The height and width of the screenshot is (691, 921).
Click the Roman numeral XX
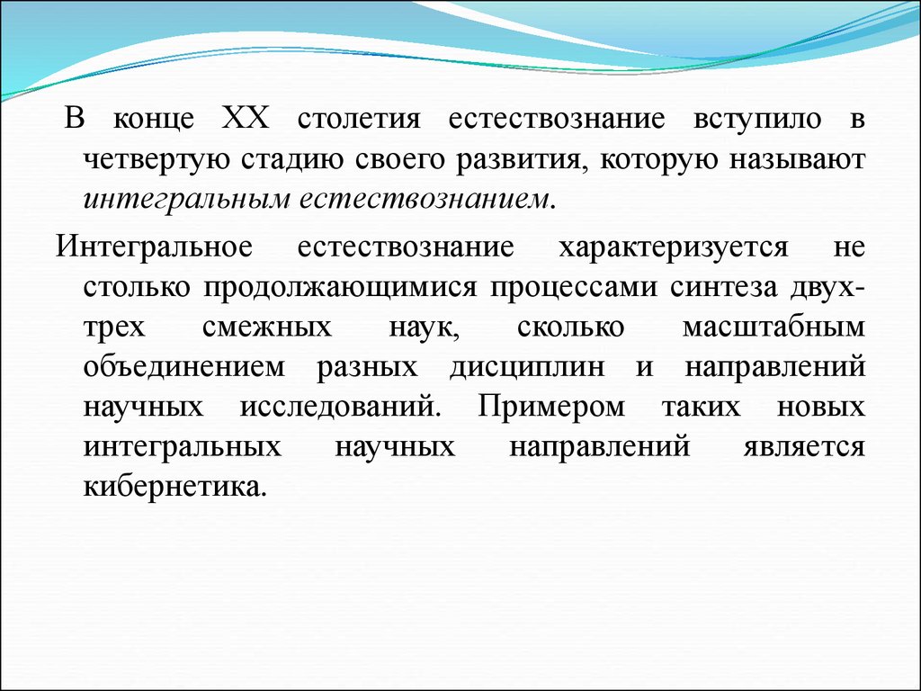click(x=246, y=118)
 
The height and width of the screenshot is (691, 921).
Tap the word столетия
click(x=359, y=119)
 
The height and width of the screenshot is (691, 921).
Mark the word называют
click(x=798, y=160)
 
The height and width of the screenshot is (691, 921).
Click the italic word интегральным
click(x=187, y=200)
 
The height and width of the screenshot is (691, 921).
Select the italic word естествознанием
click(x=425, y=200)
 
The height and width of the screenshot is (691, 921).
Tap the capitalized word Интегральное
click(x=154, y=246)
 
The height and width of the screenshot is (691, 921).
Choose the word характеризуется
click(x=673, y=247)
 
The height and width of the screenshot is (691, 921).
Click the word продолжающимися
click(x=341, y=288)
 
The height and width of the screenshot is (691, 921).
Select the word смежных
click(x=267, y=328)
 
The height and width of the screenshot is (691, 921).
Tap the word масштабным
click(x=773, y=327)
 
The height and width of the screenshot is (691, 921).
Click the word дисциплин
click(x=527, y=368)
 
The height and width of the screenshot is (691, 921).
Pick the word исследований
click(x=339, y=407)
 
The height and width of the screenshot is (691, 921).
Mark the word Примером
click(x=551, y=407)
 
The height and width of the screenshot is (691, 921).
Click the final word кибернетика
click(x=175, y=487)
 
